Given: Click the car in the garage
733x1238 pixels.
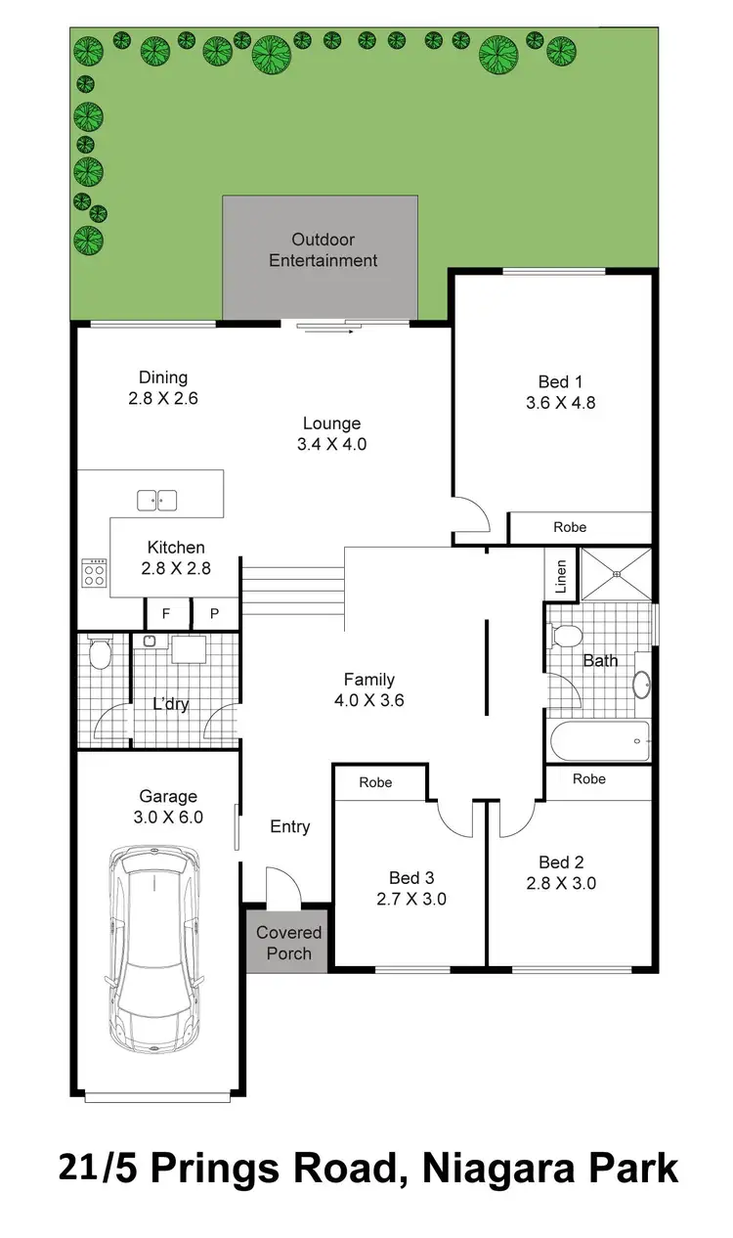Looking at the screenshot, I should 156,949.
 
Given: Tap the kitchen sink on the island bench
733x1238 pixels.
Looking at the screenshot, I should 156,500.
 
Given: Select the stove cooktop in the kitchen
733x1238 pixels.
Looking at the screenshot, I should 94,572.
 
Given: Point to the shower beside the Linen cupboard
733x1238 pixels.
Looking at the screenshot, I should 616,574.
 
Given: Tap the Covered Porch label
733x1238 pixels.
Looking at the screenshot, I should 289,943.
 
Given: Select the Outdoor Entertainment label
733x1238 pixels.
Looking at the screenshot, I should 323,250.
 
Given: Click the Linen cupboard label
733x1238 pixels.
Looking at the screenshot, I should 560,577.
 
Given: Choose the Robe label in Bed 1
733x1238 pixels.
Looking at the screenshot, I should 570,527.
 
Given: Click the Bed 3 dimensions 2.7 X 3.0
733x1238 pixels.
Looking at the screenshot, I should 410,899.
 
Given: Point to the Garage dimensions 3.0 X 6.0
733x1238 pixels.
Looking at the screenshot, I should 168,818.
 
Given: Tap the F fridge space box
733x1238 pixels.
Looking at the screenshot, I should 166,614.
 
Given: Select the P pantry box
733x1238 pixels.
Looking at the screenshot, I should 215,614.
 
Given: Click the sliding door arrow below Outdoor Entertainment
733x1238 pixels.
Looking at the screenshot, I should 326,332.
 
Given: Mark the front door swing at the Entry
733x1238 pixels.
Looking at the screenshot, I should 283,885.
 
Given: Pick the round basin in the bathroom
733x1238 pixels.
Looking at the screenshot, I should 642,685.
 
